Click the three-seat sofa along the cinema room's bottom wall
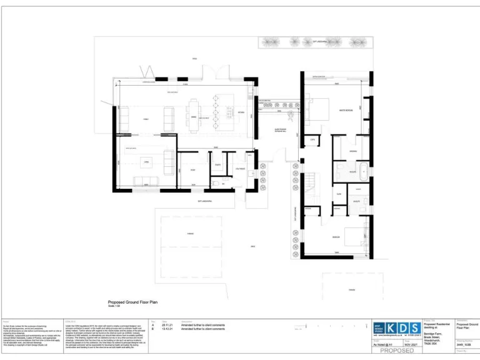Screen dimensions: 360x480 (x=147, y=181)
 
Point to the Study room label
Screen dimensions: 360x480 (x=193, y=170)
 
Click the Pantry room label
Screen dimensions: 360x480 (x=217, y=165)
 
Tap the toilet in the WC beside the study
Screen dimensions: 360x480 (x=214, y=184)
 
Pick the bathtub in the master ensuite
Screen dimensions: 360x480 (x=362, y=169)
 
